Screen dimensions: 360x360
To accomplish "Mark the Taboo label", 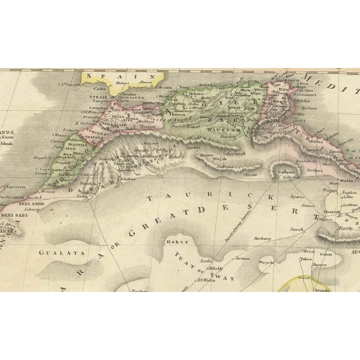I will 306,259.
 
